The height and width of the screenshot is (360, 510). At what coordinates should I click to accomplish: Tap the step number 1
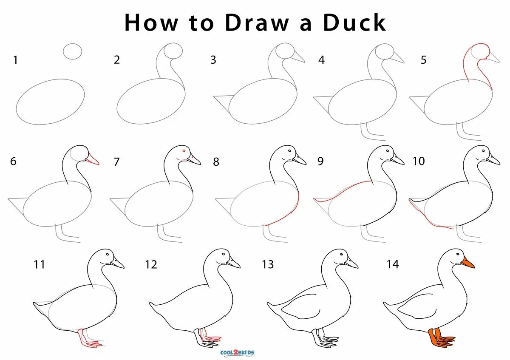click(x=15, y=60)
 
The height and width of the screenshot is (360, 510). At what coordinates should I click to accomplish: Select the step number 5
click(x=423, y=60)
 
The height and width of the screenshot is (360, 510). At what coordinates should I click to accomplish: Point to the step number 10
click(x=419, y=161)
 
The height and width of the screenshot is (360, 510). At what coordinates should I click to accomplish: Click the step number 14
click(x=393, y=264)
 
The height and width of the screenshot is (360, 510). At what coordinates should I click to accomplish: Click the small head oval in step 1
click(x=72, y=51)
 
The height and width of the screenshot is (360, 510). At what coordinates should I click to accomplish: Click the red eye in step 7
click(x=184, y=151)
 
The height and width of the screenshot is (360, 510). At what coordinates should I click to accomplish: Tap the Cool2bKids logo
click(x=237, y=353)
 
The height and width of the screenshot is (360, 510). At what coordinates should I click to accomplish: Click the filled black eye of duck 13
click(x=341, y=254)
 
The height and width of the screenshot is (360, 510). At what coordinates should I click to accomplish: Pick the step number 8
click(x=216, y=162)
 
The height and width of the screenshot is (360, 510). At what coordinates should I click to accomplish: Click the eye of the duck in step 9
click(x=387, y=151)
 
